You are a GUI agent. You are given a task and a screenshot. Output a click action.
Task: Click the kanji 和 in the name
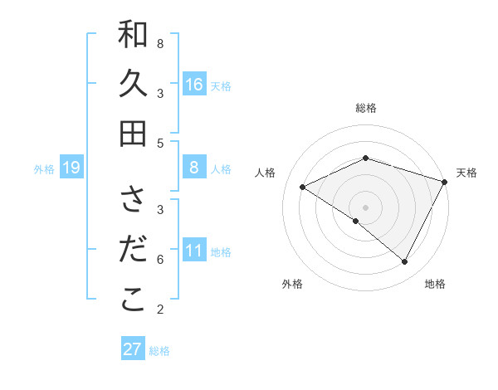133,36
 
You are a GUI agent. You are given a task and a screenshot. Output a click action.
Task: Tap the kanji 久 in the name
133,85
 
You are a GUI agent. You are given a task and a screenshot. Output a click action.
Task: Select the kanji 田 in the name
133,133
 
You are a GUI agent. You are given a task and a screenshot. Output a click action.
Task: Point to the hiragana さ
133,202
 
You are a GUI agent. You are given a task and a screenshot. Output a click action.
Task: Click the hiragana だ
133,251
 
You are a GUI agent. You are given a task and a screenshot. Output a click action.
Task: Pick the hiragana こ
133,300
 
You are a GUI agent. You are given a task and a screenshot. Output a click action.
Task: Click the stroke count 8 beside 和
160,43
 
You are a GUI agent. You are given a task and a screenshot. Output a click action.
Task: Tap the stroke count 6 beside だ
160,259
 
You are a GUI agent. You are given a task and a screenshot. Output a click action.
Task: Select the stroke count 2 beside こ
160,309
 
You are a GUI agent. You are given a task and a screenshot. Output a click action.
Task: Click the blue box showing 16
194,84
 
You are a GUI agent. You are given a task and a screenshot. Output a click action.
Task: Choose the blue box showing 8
194,168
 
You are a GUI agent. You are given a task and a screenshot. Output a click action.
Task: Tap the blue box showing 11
194,251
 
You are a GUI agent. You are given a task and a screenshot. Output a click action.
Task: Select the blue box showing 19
71,168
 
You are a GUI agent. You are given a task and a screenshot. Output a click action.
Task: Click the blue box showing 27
133,349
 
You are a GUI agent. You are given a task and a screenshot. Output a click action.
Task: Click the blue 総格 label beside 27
160,351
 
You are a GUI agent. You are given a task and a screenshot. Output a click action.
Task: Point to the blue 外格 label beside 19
44,169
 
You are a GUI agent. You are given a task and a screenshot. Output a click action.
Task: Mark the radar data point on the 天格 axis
446,183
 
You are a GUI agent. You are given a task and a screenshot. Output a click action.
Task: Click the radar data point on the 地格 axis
405,262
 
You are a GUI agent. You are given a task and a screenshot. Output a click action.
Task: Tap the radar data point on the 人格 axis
303,188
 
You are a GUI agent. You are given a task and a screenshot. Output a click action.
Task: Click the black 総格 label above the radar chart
366,109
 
